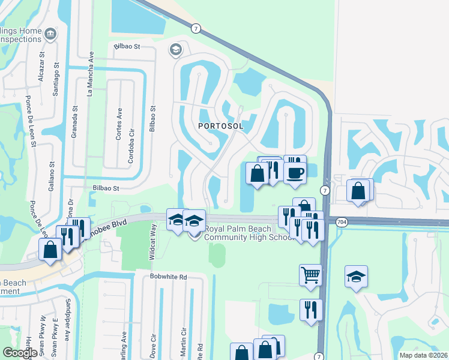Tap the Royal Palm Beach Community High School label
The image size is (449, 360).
[x=248, y=233]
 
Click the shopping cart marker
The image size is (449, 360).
[x=310, y=275]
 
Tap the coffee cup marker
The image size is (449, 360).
[x=294, y=173]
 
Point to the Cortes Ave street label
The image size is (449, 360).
[x=119, y=124]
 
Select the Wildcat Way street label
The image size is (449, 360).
[x=154, y=241]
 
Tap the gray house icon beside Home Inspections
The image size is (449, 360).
[x=50, y=33]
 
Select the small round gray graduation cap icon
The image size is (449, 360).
[x=176, y=49]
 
